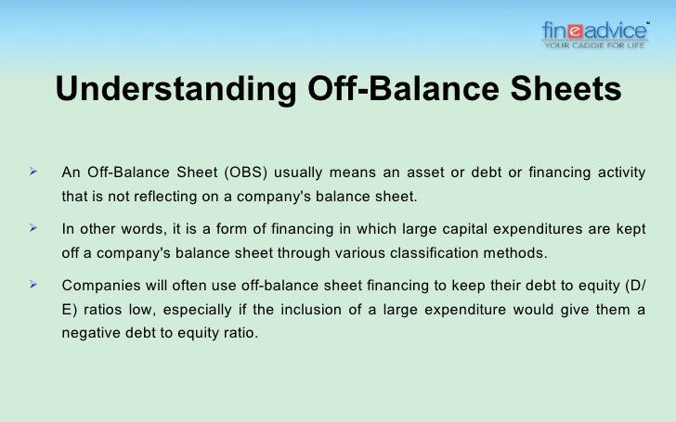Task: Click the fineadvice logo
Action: (x=594, y=31)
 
